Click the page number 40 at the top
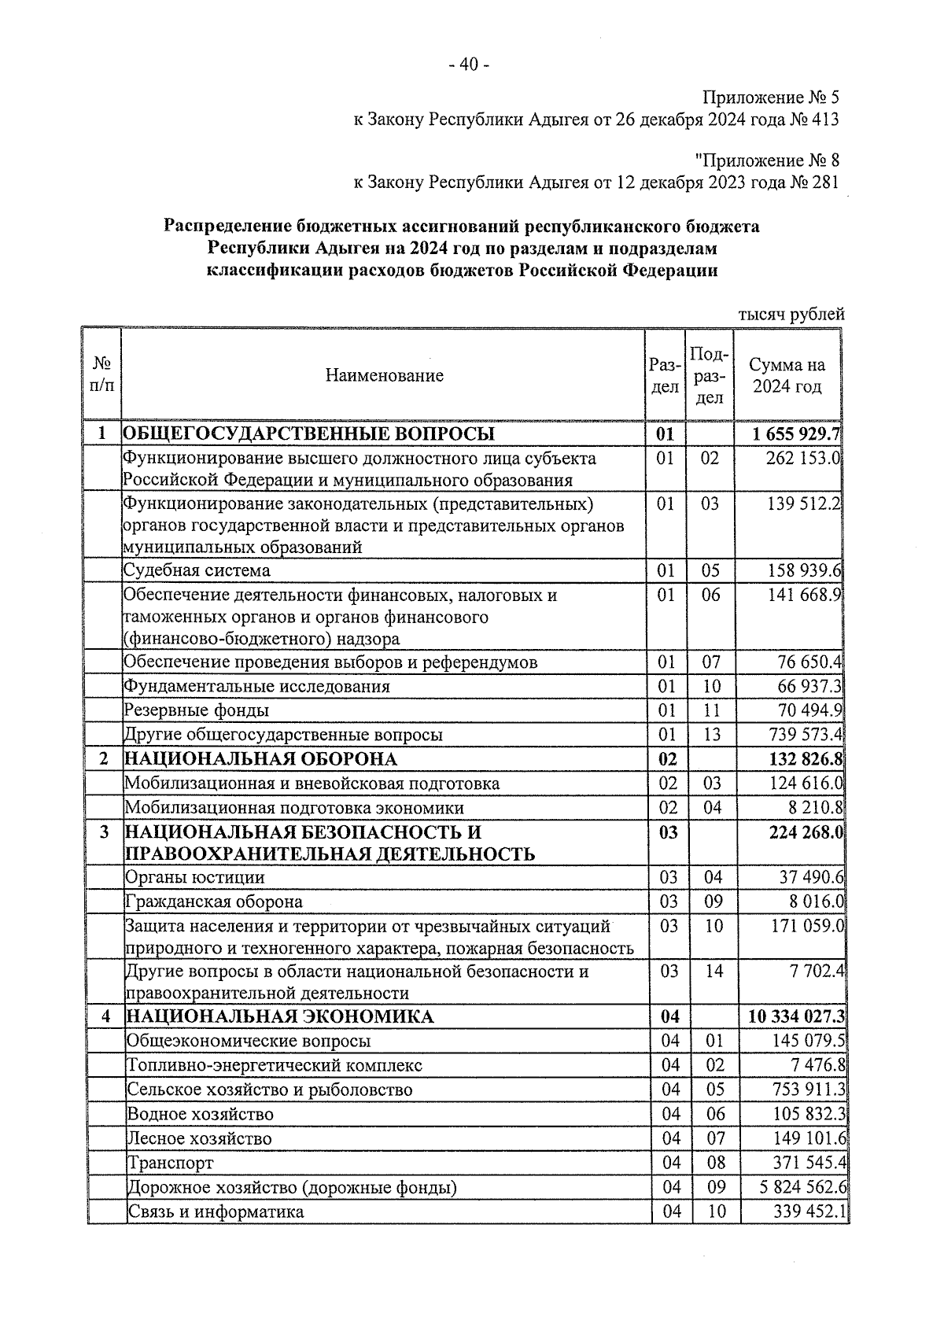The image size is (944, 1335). coord(469,65)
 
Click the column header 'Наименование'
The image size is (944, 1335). coord(385,375)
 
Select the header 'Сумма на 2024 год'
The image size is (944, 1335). coord(787,375)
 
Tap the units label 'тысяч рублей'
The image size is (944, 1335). coord(791,315)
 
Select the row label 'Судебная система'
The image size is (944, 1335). coord(197,570)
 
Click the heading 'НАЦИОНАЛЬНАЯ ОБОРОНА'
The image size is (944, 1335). coord(261,759)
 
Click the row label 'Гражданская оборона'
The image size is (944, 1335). coord(214,902)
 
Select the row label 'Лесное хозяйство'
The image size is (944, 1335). coord(200,1139)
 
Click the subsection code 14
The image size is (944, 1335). coord(713,971)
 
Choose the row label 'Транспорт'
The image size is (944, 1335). coord(171,1164)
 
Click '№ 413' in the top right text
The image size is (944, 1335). coord(814,120)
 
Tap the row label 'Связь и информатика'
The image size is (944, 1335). coord(216,1212)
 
